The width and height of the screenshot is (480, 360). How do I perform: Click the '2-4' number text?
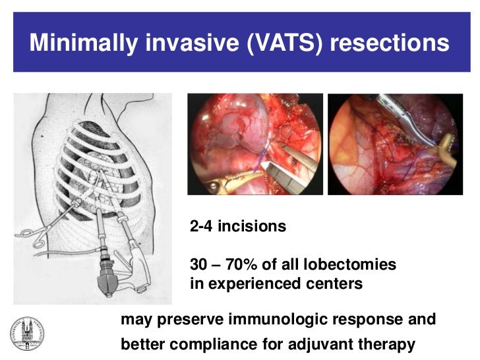tap(201, 227)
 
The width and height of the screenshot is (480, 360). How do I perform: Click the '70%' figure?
tap(239, 265)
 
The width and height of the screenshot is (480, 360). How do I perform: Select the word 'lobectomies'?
tap(356, 265)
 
